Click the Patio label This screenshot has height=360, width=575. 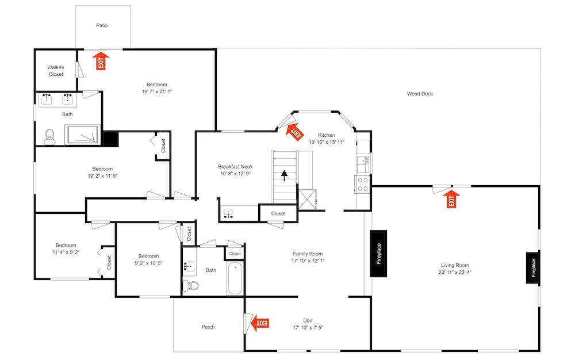pos(102,25)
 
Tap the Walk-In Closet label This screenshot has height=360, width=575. pos(56,71)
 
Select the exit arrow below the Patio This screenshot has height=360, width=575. pos(101,61)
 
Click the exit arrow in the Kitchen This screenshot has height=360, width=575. pos(295,132)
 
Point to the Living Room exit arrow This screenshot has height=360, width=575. pos(451,199)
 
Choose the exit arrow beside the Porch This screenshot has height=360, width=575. pos(260,323)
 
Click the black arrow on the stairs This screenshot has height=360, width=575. pos(284,175)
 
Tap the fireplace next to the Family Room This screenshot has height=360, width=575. pos(378,253)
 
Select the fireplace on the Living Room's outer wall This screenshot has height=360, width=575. pos(533,267)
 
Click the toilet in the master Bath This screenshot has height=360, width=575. pos(49,137)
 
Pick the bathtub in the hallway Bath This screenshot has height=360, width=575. pos(235,278)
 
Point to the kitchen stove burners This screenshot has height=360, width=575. pos(363,185)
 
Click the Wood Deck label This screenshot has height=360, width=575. pos(420,94)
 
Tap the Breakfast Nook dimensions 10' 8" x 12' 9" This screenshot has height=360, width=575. pos(235,174)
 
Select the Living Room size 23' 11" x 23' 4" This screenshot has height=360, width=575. pos(455,272)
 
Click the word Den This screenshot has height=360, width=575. pos(308,320)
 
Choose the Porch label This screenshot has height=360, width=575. pos(208,327)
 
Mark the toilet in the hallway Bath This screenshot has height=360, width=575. pos(191,285)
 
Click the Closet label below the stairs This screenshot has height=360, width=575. pos(278,213)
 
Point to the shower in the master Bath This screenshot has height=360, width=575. pos(82,135)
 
